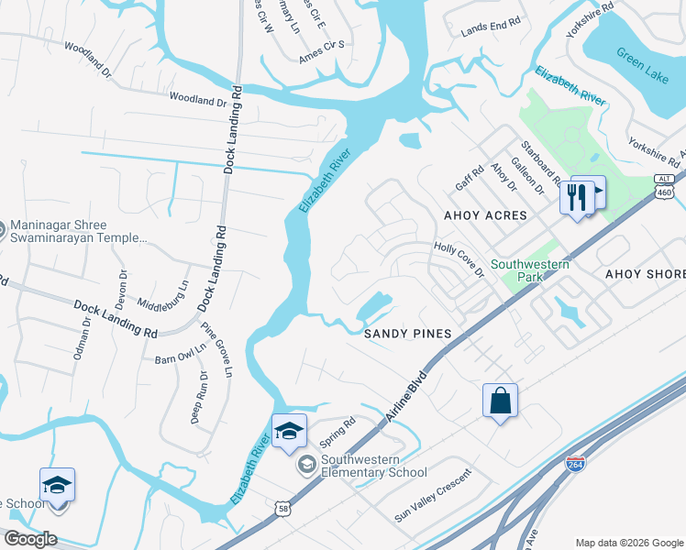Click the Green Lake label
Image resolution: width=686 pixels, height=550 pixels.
pyautogui.click(x=642, y=64)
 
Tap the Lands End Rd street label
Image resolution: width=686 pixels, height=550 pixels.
pyautogui.click(x=491, y=28)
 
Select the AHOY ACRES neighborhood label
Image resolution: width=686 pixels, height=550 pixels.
pyautogui.click(x=485, y=215)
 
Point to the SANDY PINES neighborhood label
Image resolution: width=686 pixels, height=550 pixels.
pyautogui.click(x=407, y=335)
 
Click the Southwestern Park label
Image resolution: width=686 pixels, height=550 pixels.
pyautogui.click(x=530, y=271)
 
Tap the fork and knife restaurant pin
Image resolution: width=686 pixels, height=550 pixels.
pyautogui.click(x=576, y=196)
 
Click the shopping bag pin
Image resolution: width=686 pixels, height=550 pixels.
pyautogui.click(x=501, y=401)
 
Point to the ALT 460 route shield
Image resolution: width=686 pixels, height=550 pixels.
pyautogui.click(x=666, y=188)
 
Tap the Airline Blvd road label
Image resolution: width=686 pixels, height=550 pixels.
pyautogui.click(x=406, y=398)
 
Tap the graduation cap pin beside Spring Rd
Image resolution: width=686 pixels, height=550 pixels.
pyautogui.click(x=288, y=431)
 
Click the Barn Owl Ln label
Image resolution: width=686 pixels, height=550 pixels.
pyautogui.click(x=180, y=354)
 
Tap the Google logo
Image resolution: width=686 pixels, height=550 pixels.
pyautogui.click(x=30, y=539)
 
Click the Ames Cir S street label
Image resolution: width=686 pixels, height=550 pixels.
pyautogui.click(x=321, y=51)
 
